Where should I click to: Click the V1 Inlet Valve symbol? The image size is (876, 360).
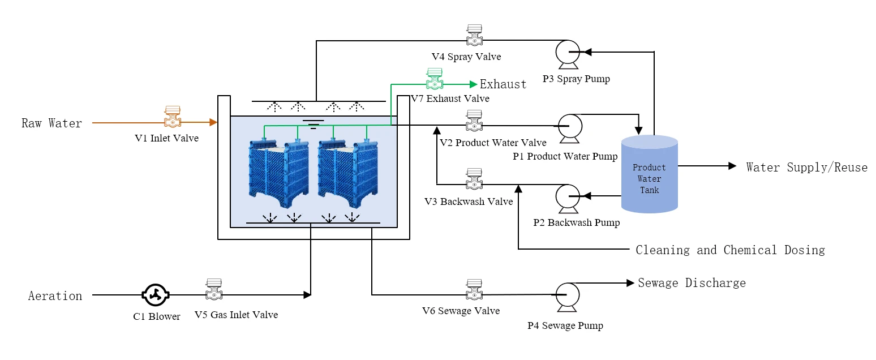point(173,116)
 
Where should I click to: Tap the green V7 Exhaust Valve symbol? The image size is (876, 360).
point(435,79)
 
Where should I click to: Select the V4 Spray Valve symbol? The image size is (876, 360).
point(474,35)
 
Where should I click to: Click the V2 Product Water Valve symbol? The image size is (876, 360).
point(474,121)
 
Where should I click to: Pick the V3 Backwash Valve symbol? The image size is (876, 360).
point(474,179)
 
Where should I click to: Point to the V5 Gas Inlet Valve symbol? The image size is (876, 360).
point(214,289)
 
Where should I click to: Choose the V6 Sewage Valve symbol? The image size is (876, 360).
point(474,290)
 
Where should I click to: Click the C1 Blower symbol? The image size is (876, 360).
point(155,295)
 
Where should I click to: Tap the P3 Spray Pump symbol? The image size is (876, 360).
point(568,54)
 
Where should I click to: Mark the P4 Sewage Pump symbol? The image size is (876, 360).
point(568,297)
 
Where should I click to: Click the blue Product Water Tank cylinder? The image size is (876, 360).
point(650,174)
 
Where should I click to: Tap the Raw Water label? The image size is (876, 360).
point(51,123)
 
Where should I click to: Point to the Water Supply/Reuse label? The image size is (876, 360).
point(807,168)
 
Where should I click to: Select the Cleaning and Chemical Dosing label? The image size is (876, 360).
point(730,250)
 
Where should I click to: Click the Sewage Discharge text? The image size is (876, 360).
point(692,283)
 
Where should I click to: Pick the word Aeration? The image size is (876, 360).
point(55,296)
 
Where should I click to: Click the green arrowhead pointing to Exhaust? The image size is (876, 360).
point(474,84)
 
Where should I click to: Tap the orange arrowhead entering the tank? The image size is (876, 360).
point(213,122)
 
